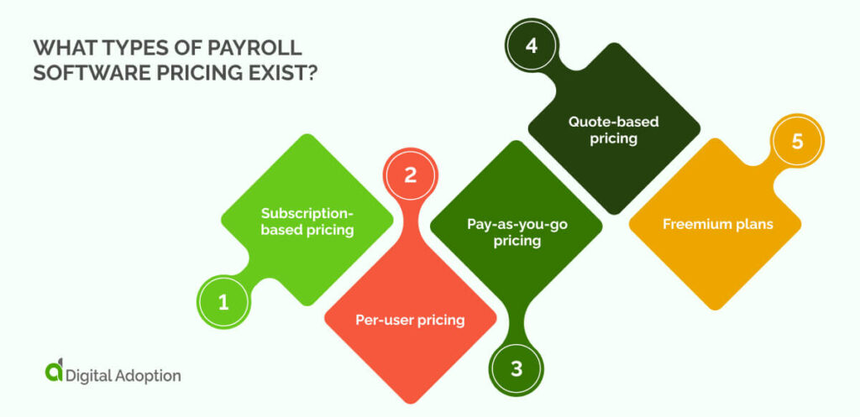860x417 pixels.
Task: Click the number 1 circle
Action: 223,303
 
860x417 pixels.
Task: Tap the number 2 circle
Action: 410,176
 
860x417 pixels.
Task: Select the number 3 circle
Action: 517,368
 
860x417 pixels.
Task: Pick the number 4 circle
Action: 531,45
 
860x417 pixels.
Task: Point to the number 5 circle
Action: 797,142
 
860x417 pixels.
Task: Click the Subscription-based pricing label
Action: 307,221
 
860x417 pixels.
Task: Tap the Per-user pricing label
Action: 411,320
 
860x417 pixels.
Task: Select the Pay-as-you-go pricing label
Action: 517,232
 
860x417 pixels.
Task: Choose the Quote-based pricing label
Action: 614,130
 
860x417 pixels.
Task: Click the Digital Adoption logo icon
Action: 53,373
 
